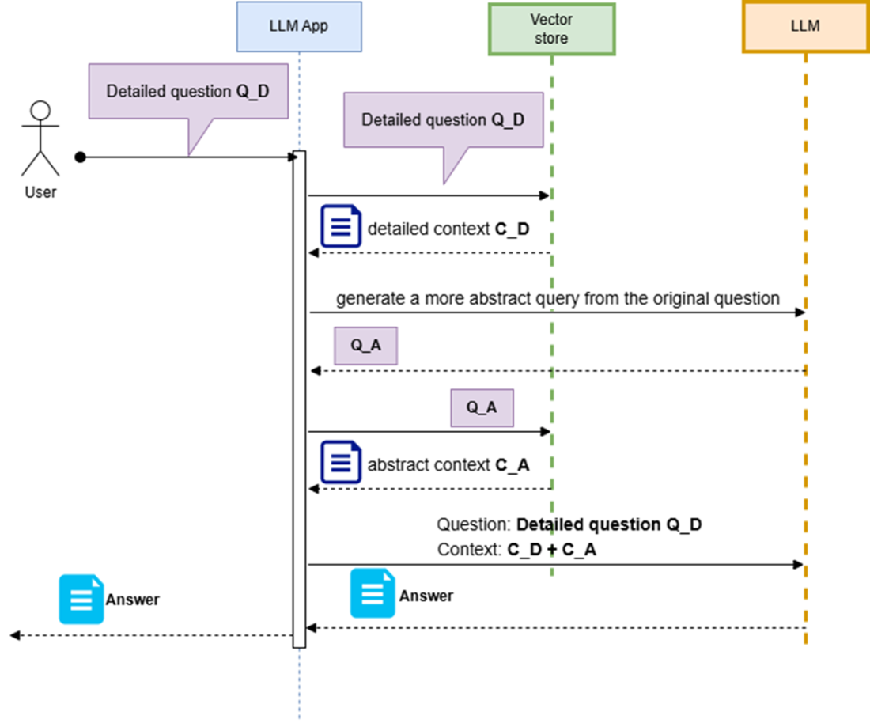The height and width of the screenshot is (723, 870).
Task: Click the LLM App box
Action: click(x=299, y=27)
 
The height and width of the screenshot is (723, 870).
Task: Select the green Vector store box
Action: click(x=551, y=28)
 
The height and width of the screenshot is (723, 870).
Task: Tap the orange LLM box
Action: click(x=806, y=27)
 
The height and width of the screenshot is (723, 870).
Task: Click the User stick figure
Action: click(x=40, y=138)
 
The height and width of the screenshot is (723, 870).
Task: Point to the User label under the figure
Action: click(x=40, y=192)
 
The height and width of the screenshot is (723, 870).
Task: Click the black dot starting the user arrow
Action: click(x=81, y=157)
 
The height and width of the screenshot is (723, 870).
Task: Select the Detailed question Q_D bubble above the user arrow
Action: click(x=188, y=92)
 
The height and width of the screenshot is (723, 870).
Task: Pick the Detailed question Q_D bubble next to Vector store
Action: click(x=444, y=120)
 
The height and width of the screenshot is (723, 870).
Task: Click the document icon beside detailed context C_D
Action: click(x=341, y=226)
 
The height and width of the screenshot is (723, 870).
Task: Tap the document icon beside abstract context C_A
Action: click(x=341, y=462)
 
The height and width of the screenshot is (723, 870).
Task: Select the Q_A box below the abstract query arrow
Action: click(x=365, y=346)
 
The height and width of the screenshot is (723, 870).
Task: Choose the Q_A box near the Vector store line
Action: click(x=482, y=408)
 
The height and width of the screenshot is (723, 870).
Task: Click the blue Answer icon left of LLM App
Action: click(x=81, y=600)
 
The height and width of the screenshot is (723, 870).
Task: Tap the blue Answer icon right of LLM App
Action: click(x=373, y=593)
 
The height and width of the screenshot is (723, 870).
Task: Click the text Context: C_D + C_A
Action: click(x=516, y=550)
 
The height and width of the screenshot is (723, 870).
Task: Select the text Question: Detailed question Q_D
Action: click(x=569, y=525)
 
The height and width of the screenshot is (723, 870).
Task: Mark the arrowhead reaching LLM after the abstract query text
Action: click(x=800, y=312)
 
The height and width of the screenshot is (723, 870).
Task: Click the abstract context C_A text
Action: click(x=448, y=465)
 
